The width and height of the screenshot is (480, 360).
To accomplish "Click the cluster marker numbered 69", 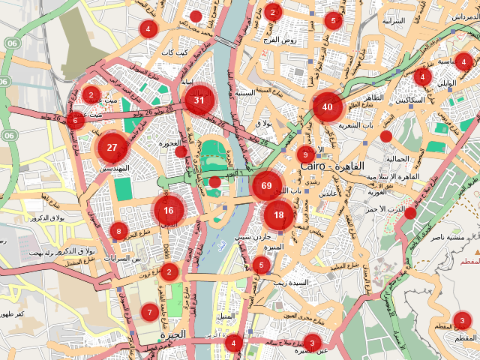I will pyautogui.click(x=266, y=185).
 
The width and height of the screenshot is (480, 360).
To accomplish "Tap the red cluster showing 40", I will pyautogui.click(x=327, y=107).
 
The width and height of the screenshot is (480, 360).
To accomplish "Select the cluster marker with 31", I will pyautogui.click(x=199, y=100).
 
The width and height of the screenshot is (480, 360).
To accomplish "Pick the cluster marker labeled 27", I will pyautogui.click(x=112, y=147).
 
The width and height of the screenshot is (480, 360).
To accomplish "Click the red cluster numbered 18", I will pyautogui.click(x=279, y=215).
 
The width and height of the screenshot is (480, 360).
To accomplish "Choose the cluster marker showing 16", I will pyautogui.click(x=169, y=211).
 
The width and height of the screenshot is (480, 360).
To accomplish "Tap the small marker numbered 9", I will pyautogui.click(x=304, y=154).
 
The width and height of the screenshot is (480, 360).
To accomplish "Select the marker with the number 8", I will pyautogui.click(x=118, y=231).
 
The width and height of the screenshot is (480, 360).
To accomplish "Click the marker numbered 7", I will pyautogui.click(x=149, y=311).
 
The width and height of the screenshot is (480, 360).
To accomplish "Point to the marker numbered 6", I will pyautogui.click(x=75, y=120).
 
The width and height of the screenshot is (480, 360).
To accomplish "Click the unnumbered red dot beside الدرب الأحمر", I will pyautogui.click(x=410, y=213).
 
